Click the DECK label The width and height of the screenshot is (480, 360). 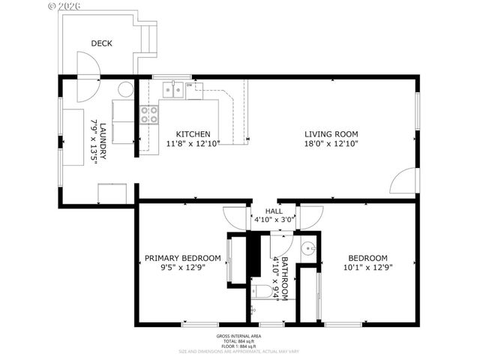[101, 43]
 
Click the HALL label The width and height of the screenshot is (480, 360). [274, 211]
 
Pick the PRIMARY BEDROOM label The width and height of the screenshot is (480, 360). [182, 257]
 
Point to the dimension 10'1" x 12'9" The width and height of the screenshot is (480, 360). [367, 267]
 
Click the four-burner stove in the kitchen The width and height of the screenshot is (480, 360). [149, 114]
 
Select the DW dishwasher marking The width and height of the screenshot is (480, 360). [190, 85]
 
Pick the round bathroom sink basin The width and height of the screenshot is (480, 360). [307, 248]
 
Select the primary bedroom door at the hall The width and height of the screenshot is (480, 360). [237, 217]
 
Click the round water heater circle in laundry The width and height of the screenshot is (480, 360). [125, 90]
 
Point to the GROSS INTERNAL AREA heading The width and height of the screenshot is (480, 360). [239, 335]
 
